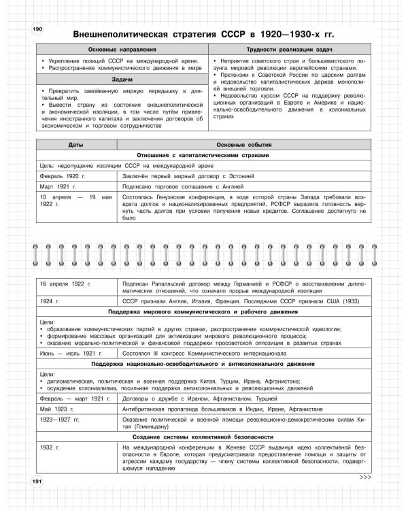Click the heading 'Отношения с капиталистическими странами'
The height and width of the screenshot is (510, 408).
pyautogui.click(x=203, y=154)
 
